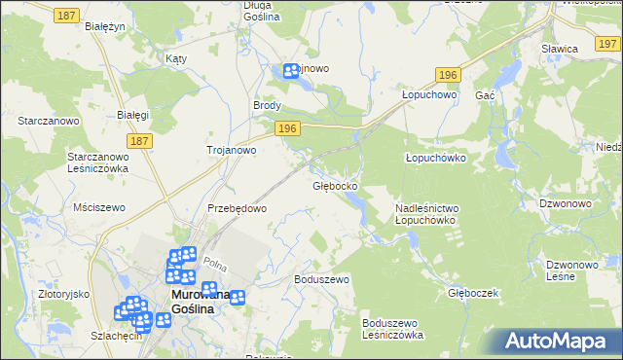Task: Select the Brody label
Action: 267,105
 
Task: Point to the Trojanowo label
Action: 231,151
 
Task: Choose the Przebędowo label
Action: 237,208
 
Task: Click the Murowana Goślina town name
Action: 201,302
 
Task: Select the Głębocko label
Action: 335,185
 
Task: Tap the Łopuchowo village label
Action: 429,95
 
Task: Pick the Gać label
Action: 486,95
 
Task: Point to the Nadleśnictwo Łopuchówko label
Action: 426,214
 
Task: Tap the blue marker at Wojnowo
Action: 291,71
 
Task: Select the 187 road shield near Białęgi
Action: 140,141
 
